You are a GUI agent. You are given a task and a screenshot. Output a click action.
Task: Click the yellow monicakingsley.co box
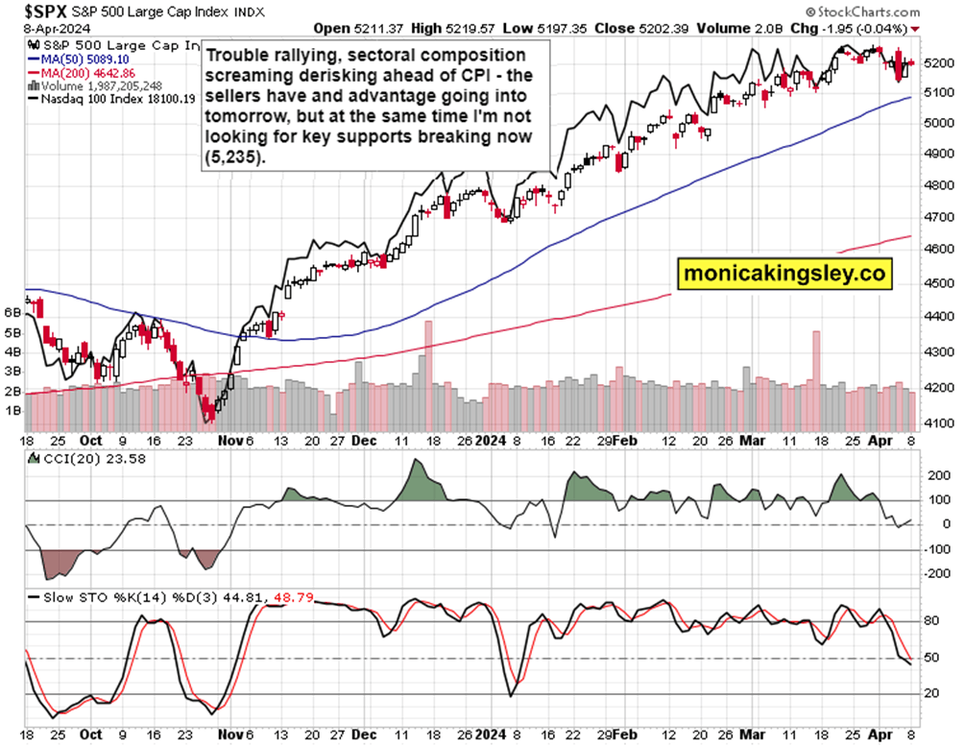tap(783, 273)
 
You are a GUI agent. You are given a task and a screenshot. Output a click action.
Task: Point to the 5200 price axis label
tap(937, 62)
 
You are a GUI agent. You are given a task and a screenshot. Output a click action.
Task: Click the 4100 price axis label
tap(937, 422)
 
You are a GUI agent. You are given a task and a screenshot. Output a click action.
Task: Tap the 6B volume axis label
tap(12, 313)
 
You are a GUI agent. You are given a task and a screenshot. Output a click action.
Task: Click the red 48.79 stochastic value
tap(293, 596)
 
